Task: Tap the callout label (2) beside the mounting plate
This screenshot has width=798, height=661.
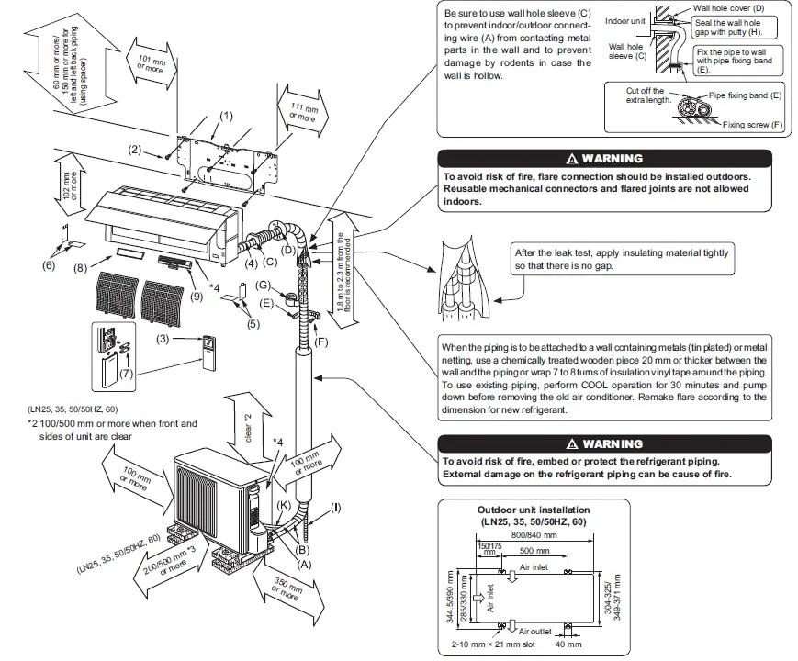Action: tap(134, 149)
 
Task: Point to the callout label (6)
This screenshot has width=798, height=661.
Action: tap(49, 264)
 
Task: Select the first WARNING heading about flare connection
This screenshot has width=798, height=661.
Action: tap(604, 159)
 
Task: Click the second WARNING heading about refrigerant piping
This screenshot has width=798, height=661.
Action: tap(604, 444)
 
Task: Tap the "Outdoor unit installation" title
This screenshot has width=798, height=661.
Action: tap(534, 510)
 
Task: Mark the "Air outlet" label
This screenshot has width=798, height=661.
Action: tap(536, 632)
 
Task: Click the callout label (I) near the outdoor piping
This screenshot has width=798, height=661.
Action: tap(336, 508)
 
